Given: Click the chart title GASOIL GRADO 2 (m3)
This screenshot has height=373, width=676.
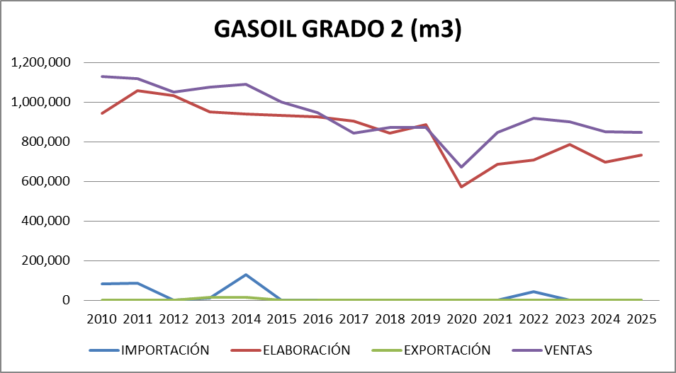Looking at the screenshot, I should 338,30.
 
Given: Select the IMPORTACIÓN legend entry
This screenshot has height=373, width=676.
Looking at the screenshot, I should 165,350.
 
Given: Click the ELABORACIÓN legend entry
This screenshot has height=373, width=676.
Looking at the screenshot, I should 307,350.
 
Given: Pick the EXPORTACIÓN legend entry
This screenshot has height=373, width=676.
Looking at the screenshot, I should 448,350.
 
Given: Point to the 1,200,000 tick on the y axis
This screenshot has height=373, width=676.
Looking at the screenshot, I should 41,62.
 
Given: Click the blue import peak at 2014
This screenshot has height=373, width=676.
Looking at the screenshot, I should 246,275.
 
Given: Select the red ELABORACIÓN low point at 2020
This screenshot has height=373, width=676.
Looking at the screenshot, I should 461,187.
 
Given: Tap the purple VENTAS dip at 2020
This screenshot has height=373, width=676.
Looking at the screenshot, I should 461,167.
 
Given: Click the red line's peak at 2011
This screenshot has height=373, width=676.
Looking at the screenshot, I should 138,91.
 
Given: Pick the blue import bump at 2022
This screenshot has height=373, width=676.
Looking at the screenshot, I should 533,292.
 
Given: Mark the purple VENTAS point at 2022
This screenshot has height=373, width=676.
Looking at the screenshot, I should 533,118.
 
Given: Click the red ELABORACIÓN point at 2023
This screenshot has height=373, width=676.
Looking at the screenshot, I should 569,144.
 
